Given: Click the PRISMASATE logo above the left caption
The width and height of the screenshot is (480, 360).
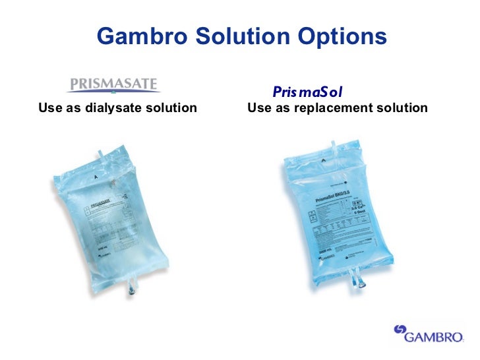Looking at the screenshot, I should [x=113, y=85].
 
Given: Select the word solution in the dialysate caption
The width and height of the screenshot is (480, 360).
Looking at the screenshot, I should [x=172, y=107].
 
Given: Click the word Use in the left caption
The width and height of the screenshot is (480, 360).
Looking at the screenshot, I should [x=49, y=107].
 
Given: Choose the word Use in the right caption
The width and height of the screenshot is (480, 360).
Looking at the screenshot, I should [x=258, y=107].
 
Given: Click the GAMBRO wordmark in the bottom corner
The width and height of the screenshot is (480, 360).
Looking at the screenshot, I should [x=435, y=338].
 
